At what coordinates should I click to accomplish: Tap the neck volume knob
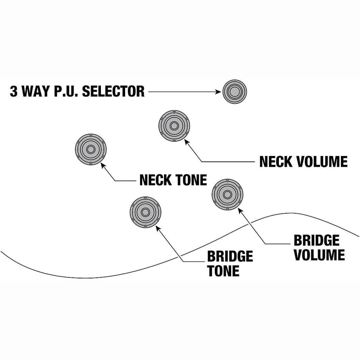coord(174,126)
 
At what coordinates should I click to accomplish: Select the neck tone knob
coord(90,149)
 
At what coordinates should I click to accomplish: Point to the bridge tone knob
coord(145,212)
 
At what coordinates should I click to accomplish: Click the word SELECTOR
coord(113,91)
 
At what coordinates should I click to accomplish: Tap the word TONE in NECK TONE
coord(191,180)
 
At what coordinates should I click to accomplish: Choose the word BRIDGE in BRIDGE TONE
coord(230,256)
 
